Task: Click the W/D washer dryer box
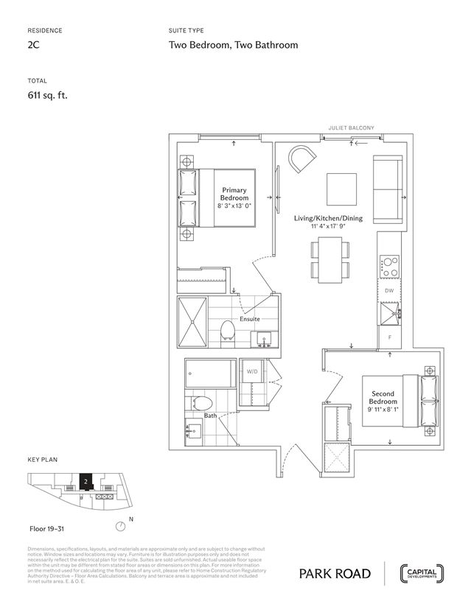pos(251,371)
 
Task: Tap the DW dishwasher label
pos(388,292)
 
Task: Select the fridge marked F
pos(388,337)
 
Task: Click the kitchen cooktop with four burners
pos(388,266)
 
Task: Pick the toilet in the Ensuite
pos(228,332)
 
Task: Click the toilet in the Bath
pos(200,404)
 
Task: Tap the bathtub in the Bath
pos(210,373)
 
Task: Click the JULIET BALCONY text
pos(352,127)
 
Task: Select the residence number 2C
pos(33,45)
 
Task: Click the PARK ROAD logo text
pos(338,574)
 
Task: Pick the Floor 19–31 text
pos(47,529)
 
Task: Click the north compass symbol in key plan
pos(121,526)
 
